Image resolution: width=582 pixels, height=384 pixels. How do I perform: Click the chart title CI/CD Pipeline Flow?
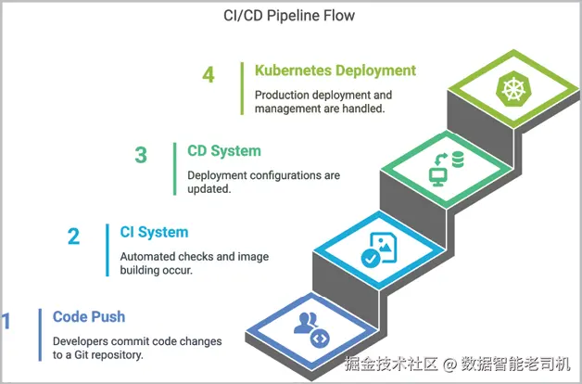(289, 16)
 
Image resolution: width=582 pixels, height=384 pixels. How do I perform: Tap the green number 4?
(209, 74)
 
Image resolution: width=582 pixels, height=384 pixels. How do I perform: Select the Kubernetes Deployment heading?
(335, 70)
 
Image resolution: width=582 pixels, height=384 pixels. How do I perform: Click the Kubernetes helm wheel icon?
(513, 88)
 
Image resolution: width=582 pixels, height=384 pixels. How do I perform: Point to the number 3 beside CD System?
(141, 155)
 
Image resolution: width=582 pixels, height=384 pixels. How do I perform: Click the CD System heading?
(224, 151)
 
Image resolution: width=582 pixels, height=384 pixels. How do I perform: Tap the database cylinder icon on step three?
(458, 159)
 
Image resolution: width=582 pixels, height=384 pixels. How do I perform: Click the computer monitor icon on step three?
(438, 177)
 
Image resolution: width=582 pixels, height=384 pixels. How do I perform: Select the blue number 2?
(73, 237)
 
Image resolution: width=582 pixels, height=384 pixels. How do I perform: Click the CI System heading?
(154, 232)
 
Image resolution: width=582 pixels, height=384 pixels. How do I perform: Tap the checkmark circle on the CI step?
(371, 258)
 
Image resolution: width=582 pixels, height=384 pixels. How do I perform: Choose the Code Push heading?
(89, 317)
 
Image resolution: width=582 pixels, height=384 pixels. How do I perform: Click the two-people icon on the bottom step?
(306, 323)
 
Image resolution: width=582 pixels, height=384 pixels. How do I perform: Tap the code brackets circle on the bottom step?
(320, 339)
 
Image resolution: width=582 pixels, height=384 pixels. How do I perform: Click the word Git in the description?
(82, 354)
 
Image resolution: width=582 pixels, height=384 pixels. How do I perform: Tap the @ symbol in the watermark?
(449, 365)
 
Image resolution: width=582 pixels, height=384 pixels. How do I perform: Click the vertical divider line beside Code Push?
(40, 335)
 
